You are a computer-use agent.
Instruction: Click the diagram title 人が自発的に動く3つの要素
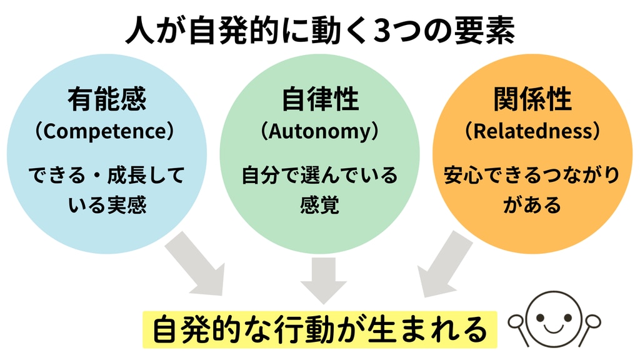coord(320,31)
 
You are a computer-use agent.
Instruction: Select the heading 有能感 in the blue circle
coord(107,99)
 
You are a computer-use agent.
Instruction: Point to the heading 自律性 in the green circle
coord(320,99)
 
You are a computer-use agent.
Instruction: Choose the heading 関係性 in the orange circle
coord(532,99)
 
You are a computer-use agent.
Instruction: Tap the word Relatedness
coord(532,131)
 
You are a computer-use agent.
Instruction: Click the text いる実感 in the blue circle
coord(107,205)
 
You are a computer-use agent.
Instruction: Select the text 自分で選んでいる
coord(319,175)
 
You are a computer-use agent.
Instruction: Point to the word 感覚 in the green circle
coord(319,205)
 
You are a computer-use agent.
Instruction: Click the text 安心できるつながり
coord(532,175)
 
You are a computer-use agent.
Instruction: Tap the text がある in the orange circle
coord(532,205)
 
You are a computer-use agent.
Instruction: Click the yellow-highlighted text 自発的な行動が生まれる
coord(320,330)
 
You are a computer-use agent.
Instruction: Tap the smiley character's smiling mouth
coord(554,326)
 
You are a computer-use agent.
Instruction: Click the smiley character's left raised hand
coord(516,322)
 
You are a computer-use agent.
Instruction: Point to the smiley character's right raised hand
coord(592,322)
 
